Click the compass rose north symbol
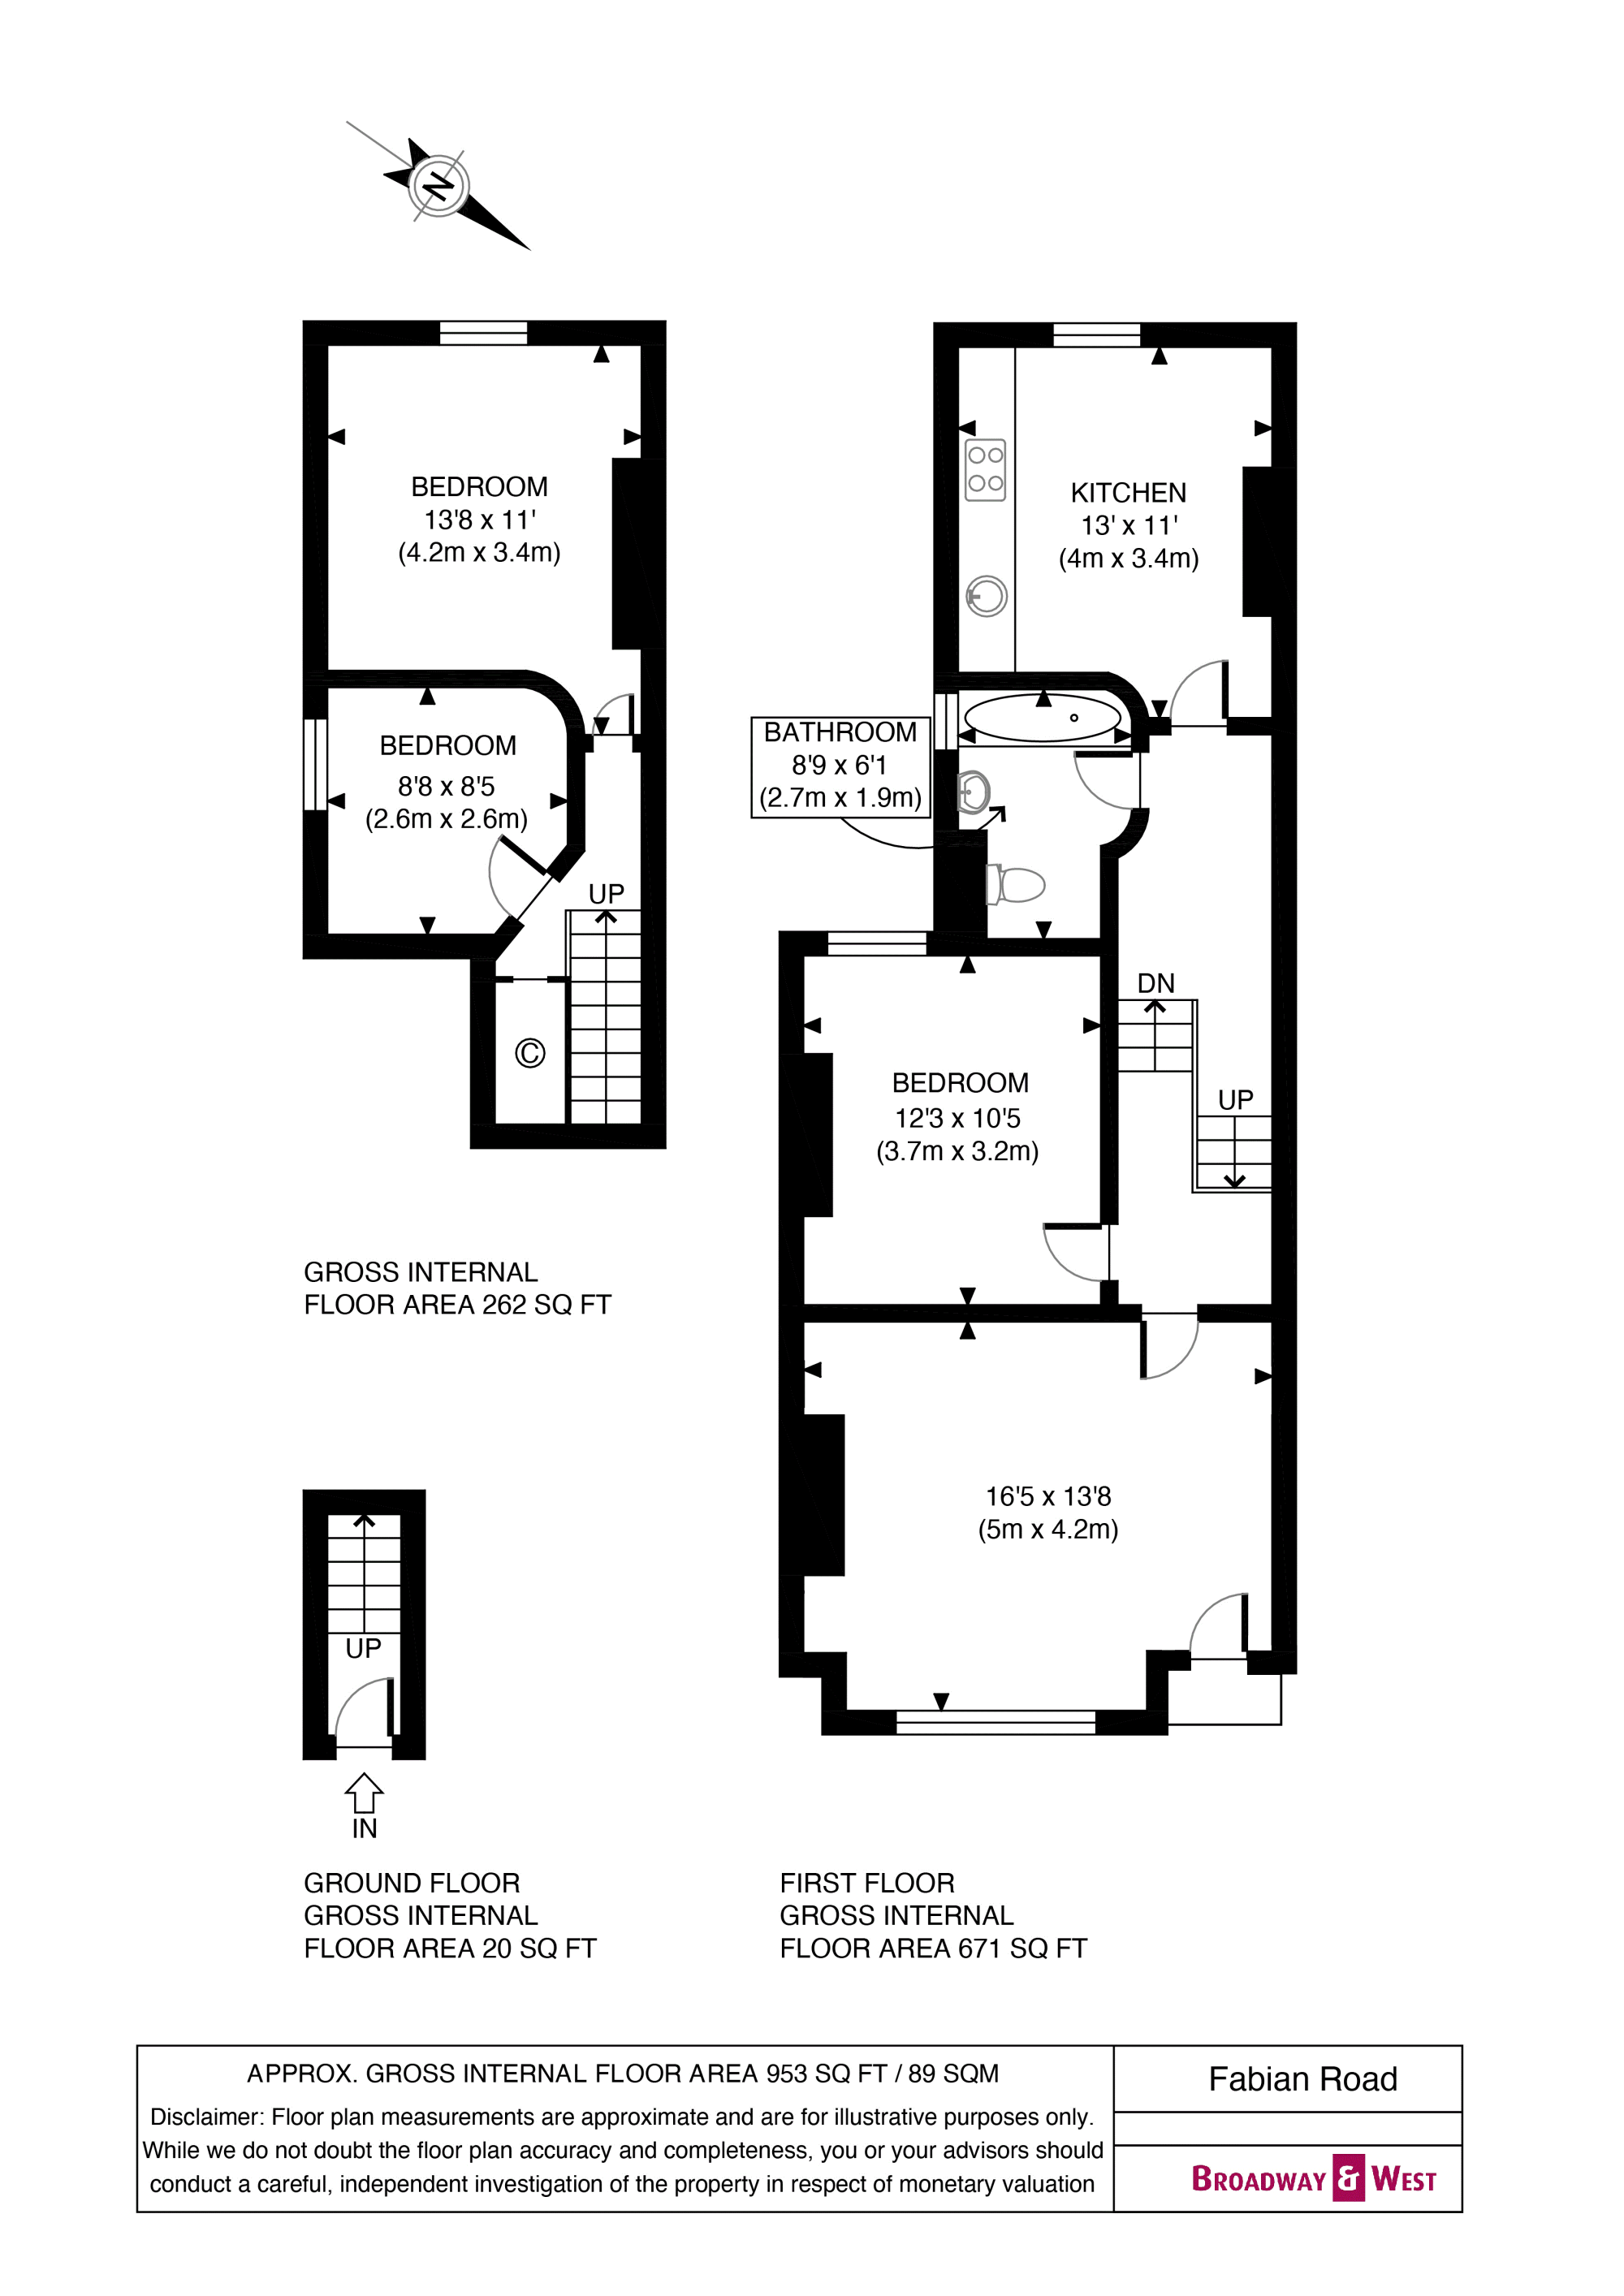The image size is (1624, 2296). pyautogui.click(x=438, y=186)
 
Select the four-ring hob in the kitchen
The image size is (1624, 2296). pyautogui.click(x=985, y=469)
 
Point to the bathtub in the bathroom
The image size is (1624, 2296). pyautogui.click(x=1043, y=717)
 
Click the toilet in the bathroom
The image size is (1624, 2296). pyautogui.click(x=1016, y=885)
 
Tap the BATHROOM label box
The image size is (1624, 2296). pyautogui.click(x=841, y=767)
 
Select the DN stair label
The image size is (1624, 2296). pyautogui.click(x=1156, y=983)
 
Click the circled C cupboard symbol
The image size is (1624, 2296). pyautogui.click(x=530, y=1053)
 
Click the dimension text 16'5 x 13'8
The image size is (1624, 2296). pyautogui.click(x=1048, y=1496)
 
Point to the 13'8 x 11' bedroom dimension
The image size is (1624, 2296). pyautogui.click(x=479, y=520)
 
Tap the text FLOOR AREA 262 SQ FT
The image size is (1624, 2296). pyautogui.click(x=457, y=1305)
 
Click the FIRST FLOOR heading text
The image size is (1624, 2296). pyautogui.click(x=867, y=1883)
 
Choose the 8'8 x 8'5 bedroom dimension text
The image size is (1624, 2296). pyautogui.click(x=446, y=786)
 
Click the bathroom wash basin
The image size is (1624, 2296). pyautogui.click(x=973, y=792)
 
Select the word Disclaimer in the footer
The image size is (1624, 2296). pyautogui.click(x=206, y=2117)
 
